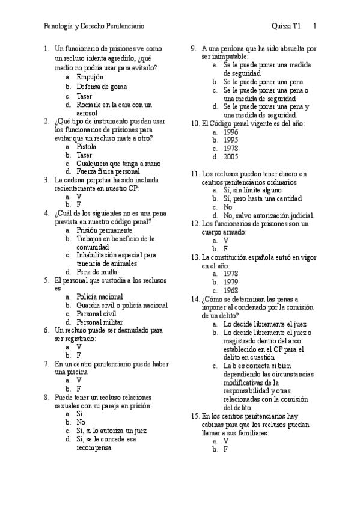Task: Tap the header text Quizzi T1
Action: [x=286, y=26]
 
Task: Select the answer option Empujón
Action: [x=90, y=77]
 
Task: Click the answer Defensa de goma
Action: [x=102, y=86]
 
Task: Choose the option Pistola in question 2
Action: [x=87, y=146]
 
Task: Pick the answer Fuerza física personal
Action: [x=108, y=171]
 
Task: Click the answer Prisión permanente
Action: [x=105, y=230]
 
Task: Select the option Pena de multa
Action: [x=97, y=271]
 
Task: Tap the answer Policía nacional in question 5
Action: [x=100, y=296]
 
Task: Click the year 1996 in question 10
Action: [x=231, y=132]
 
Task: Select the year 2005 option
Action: [x=231, y=157]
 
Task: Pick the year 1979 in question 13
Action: [x=231, y=281]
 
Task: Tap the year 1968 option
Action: [x=231, y=290]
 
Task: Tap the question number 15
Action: [x=195, y=415]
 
